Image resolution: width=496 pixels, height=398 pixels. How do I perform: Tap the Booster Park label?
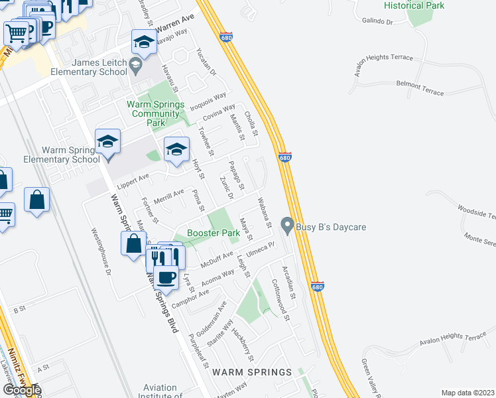pos(213,233)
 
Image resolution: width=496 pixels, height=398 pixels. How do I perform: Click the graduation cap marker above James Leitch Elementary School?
pos(143,43)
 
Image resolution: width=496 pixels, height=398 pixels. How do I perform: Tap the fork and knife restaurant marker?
pos(157,256)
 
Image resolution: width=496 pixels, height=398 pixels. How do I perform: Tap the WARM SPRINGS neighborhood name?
pos(252,371)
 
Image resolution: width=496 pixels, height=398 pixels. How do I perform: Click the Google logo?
pos(22,390)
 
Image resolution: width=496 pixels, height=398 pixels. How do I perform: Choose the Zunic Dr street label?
pos(226,187)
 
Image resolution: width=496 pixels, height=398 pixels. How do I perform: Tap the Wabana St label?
pos(265,212)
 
